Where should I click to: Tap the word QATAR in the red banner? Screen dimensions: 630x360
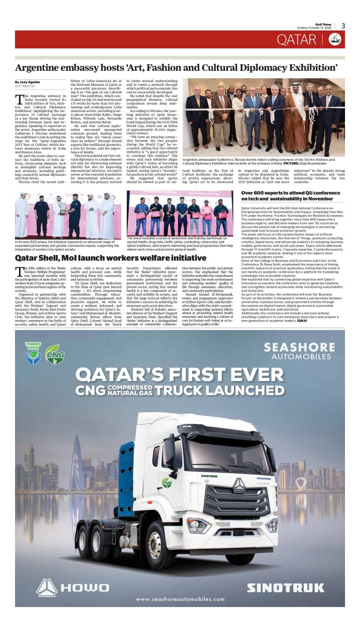click(296, 40)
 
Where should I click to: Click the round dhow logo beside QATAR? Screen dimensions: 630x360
click(335, 40)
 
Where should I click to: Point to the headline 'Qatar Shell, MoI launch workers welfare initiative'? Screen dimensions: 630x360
click(111, 258)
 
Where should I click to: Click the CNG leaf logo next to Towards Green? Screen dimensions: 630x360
click(55, 354)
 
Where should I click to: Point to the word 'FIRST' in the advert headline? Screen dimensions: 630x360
click(190, 375)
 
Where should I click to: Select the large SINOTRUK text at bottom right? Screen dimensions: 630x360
click(285, 588)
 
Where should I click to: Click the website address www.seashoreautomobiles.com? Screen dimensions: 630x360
click(180, 599)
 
